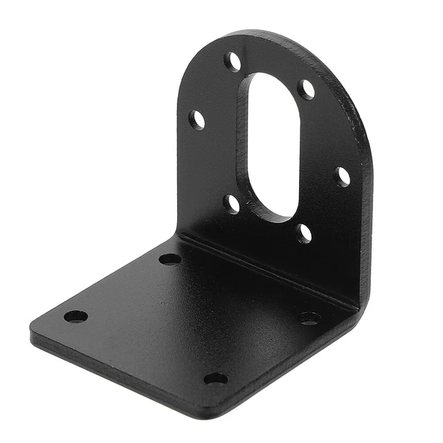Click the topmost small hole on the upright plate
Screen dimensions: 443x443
233,62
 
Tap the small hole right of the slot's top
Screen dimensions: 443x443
307,89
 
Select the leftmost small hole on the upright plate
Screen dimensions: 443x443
197,120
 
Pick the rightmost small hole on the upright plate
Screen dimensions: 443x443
342,177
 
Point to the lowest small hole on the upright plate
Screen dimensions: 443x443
303,233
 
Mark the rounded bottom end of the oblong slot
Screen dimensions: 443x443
275,213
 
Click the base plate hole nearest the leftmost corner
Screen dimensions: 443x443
75,316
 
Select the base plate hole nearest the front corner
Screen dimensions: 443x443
215,379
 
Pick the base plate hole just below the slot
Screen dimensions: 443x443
170,259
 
